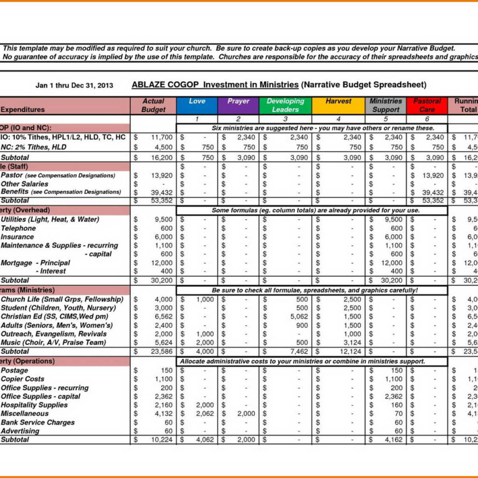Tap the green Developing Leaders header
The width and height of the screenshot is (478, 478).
pos(285,105)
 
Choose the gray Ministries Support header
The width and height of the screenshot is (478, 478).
pos(386,105)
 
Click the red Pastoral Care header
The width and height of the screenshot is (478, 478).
pos(427,105)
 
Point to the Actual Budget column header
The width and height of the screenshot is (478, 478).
pos(153,105)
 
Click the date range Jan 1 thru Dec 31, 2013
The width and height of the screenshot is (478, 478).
pos(74,85)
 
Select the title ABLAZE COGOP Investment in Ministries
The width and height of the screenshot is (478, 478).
pos(215,85)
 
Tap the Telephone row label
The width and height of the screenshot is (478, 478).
pos(18,228)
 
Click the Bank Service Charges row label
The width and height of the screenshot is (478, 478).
pos(37,422)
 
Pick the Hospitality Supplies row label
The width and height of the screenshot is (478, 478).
pos(34,405)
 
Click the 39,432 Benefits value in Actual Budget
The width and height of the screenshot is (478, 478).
pos(162,192)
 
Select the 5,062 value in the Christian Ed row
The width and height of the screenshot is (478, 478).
pos(299,316)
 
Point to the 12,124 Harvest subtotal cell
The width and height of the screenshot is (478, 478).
pos(350,351)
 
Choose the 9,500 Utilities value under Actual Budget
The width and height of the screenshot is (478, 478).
pos(163,219)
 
